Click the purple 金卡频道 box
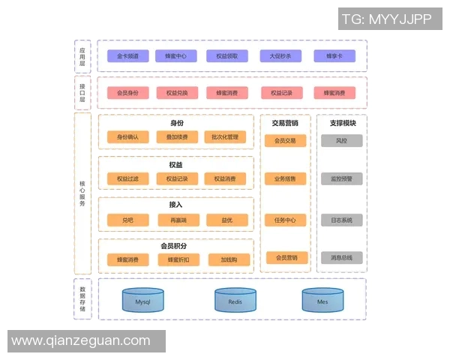[127, 56]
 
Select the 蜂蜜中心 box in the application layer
[176, 56]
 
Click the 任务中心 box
[285, 220]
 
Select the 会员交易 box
[285, 140]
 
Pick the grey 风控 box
[341, 140]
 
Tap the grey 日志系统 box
[341, 220]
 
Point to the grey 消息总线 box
[341, 257]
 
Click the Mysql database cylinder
[143, 301]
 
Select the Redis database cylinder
[235, 301]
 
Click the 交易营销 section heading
[285, 122]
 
